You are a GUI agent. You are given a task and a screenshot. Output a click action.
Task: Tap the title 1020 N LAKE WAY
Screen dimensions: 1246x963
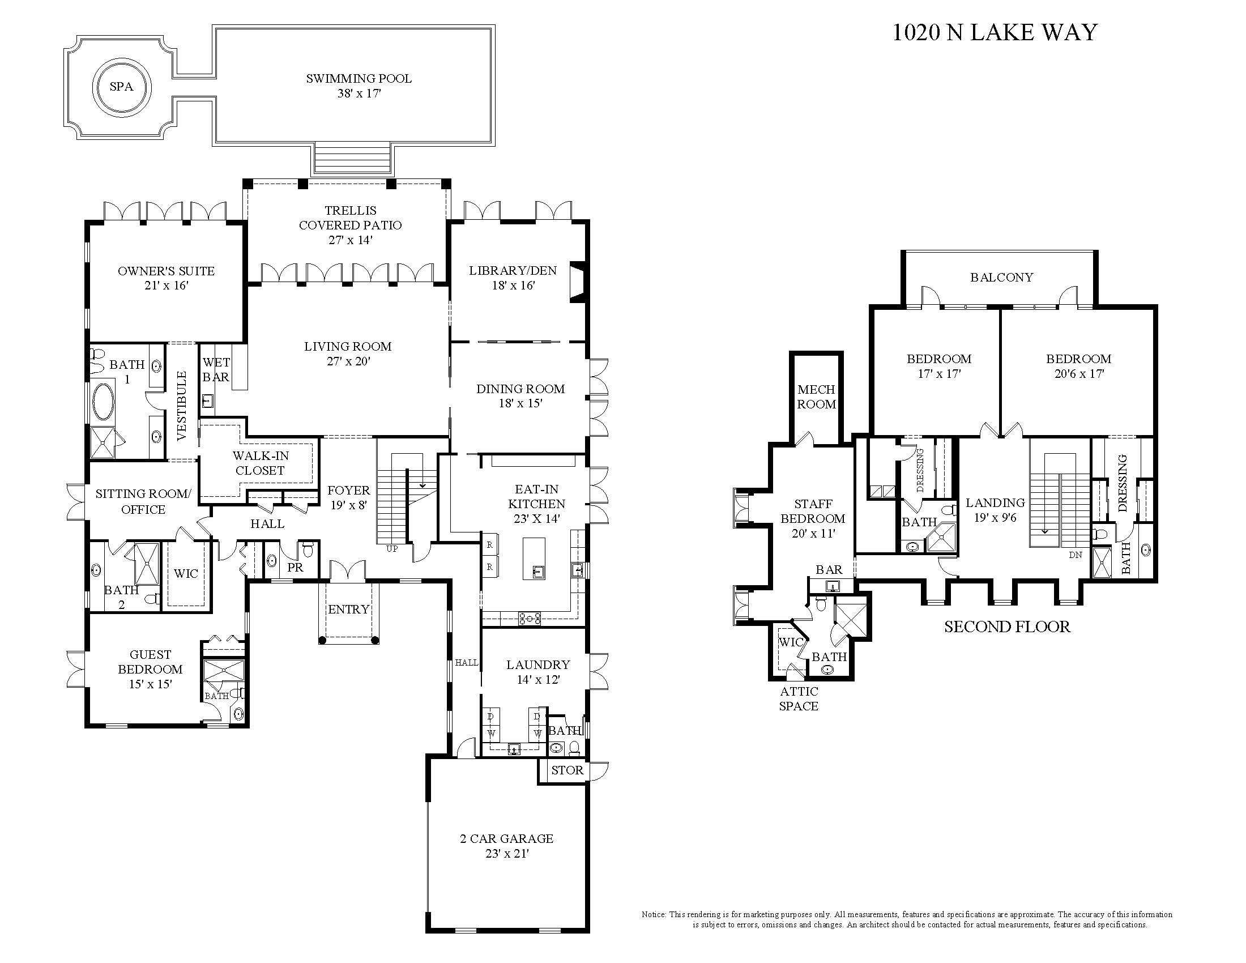click(x=995, y=32)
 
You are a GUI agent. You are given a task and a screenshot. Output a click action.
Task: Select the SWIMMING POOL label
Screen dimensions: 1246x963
click(x=359, y=79)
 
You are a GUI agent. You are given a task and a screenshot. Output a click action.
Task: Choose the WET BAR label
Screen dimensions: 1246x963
click(x=216, y=370)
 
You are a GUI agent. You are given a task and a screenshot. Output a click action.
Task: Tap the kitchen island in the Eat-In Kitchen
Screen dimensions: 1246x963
click(x=534, y=559)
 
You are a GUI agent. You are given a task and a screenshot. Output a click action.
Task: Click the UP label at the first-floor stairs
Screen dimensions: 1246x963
click(x=392, y=549)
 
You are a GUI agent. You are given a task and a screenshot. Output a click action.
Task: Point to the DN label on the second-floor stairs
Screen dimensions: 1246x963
click(x=1076, y=555)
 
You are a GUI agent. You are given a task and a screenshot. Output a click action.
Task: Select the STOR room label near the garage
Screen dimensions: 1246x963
click(x=567, y=770)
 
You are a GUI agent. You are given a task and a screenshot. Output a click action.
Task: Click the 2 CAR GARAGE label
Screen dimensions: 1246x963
click(x=507, y=838)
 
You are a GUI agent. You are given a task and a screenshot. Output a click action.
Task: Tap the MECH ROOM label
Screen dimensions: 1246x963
click(x=816, y=397)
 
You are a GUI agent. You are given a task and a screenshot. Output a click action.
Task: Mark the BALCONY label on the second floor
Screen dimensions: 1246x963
click(x=1002, y=277)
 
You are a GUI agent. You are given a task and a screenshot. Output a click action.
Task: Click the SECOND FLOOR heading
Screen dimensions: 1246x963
click(x=1007, y=627)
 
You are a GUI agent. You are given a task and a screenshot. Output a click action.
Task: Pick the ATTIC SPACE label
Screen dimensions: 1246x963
click(x=799, y=699)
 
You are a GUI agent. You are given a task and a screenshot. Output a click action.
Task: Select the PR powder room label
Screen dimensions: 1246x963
click(x=295, y=568)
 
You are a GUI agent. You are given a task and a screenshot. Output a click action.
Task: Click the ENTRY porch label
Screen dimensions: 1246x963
click(x=348, y=610)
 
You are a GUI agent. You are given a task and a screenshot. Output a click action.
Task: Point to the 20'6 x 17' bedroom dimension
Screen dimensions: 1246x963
click(x=1078, y=374)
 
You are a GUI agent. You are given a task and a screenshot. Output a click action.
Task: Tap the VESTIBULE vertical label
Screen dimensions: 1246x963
click(x=182, y=406)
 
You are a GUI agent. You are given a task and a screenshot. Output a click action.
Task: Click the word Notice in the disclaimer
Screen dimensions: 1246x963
click(x=654, y=914)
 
